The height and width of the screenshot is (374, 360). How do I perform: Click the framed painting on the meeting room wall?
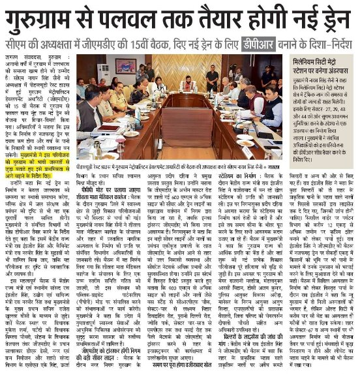pos(126,66)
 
